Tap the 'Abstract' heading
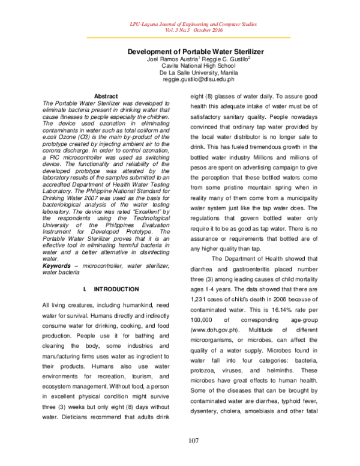tap(106, 96)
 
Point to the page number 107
tap(193, 442)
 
